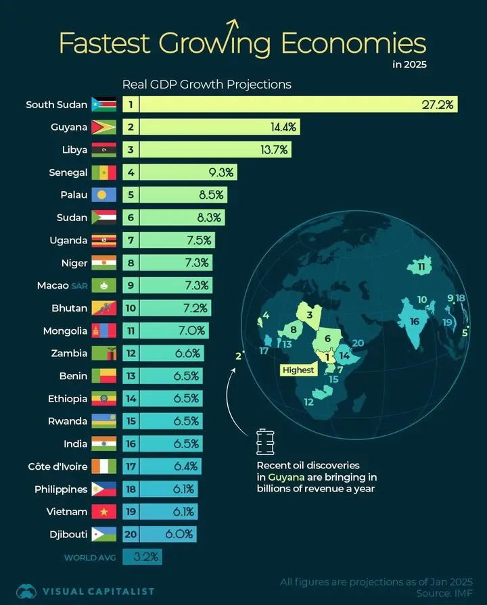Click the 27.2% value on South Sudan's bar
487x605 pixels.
(438, 105)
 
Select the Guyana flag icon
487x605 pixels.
(104, 127)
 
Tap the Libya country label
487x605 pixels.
(74, 150)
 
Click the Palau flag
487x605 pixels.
(104, 195)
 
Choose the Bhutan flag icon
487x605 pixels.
(104, 308)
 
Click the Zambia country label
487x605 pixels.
(68, 354)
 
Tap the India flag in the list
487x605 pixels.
(104, 444)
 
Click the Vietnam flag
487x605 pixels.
(104, 512)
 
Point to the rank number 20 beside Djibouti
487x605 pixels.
(131, 535)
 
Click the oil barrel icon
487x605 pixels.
(264, 443)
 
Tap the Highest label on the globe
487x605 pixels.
(298, 370)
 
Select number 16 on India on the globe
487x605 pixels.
(415, 322)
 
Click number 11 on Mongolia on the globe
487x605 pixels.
(421, 268)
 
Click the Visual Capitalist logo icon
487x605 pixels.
(27, 591)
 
